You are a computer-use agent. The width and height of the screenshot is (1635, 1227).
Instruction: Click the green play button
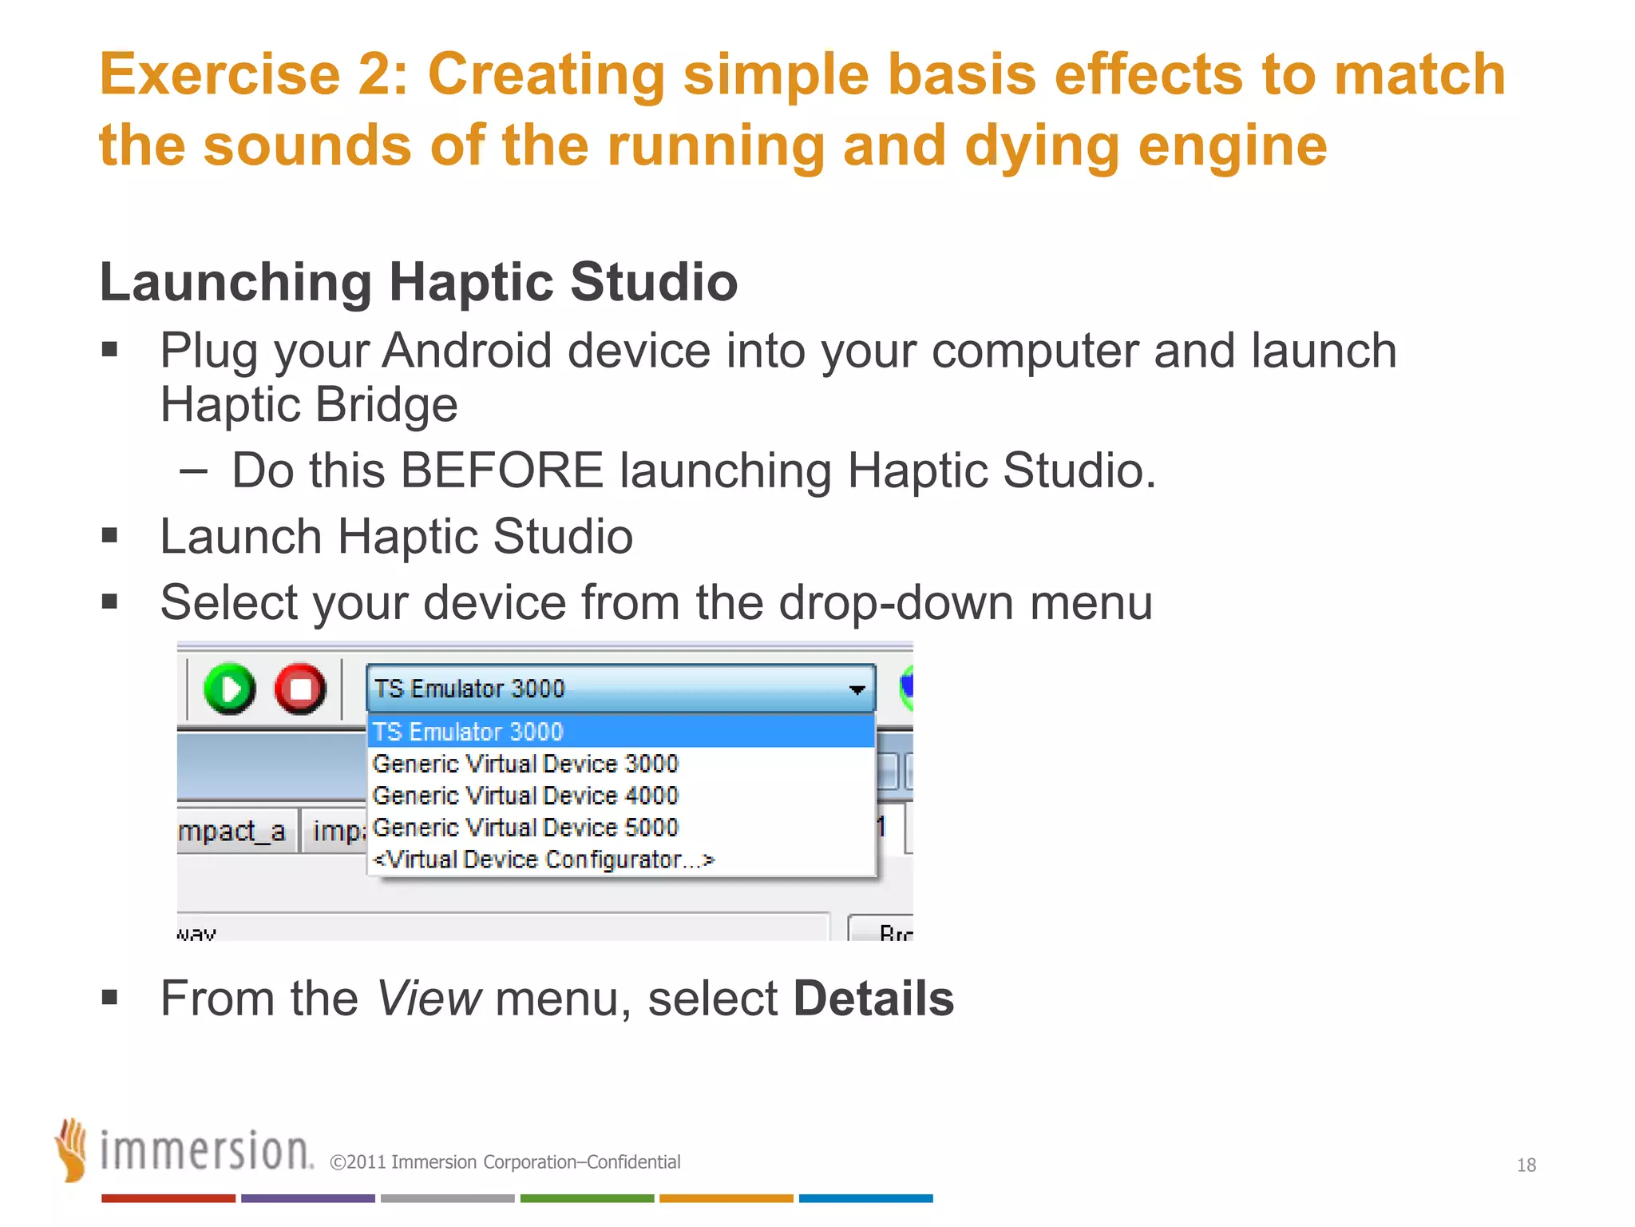click(x=229, y=689)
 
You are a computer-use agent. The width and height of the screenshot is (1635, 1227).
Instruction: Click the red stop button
click(x=300, y=689)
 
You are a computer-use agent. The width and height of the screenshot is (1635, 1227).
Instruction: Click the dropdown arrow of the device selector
click(x=857, y=689)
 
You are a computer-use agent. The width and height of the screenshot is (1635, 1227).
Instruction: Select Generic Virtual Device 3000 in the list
click(x=525, y=764)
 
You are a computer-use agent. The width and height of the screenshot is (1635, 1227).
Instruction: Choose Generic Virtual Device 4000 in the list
click(x=525, y=796)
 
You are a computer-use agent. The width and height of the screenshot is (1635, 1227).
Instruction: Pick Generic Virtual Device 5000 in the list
click(x=525, y=828)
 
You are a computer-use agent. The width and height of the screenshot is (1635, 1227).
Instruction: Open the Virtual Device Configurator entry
click(x=543, y=860)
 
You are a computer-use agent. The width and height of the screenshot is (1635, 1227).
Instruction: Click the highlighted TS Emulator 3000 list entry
click(x=468, y=732)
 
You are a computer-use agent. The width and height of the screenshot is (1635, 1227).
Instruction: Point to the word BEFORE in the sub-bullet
click(x=501, y=471)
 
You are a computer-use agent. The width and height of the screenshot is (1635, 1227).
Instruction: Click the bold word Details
click(x=873, y=999)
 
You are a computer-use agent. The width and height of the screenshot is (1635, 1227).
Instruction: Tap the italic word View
click(x=428, y=999)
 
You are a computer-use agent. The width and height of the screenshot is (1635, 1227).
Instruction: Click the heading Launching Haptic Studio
click(x=418, y=282)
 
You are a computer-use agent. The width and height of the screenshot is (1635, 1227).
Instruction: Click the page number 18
click(x=1526, y=1165)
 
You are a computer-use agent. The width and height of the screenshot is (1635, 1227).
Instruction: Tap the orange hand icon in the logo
click(x=72, y=1150)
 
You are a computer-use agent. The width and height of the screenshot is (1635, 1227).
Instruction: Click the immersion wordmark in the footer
click(x=206, y=1152)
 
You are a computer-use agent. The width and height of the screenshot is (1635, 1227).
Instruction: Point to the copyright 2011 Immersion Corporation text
click(x=505, y=1162)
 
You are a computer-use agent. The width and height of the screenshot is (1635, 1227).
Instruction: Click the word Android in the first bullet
click(x=467, y=351)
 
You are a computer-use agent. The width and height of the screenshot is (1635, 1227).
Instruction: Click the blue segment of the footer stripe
click(x=865, y=1198)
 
